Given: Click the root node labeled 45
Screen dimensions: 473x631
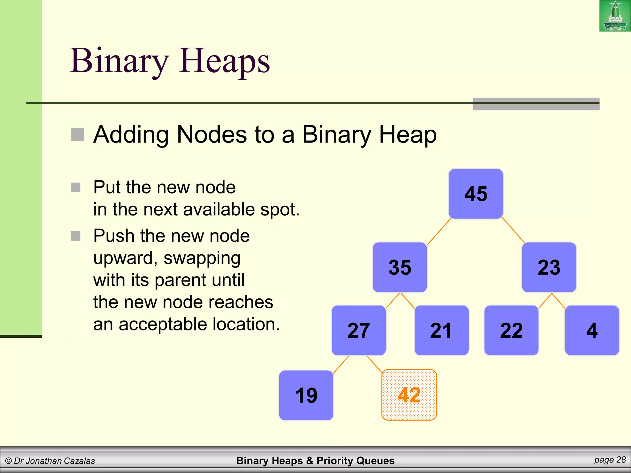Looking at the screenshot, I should pyautogui.click(x=476, y=194).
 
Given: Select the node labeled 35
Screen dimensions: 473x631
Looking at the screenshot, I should pyautogui.click(x=400, y=267).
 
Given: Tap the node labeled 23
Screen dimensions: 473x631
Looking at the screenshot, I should pyautogui.click(x=549, y=267).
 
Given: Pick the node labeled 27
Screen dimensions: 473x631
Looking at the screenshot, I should pyautogui.click(x=359, y=330).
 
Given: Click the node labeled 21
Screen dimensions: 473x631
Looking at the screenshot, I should pyautogui.click(x=441, y=330).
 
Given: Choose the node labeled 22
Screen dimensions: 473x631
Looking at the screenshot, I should pyautogui.click(x=511, y=330).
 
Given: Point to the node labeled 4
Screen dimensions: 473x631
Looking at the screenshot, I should pyautogui.click(x=592, y=330).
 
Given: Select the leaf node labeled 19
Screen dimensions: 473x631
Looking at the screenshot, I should pyautogui.click(x=306, y=395).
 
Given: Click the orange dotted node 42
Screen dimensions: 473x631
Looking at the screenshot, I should pyautogui.click(x=409, y=395).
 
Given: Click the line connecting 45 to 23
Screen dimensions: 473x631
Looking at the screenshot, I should pyautogui.click(x=513, y=230).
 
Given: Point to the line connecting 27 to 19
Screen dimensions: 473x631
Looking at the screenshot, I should pyautogui.click(x=341, y=365).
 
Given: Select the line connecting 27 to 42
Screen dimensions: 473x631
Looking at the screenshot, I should pyautogui.click(x=375, y=365).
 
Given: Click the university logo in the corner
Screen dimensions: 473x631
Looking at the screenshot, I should pyautogui.click(x=615, y=16).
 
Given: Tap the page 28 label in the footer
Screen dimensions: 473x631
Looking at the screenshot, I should pyautogui.click(x=610, y=460).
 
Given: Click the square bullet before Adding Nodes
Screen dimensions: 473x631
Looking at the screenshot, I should pyautogui.click(x=78, y=135).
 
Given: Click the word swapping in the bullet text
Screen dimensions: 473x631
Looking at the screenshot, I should pyautogui.click(x=202, y=258).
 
